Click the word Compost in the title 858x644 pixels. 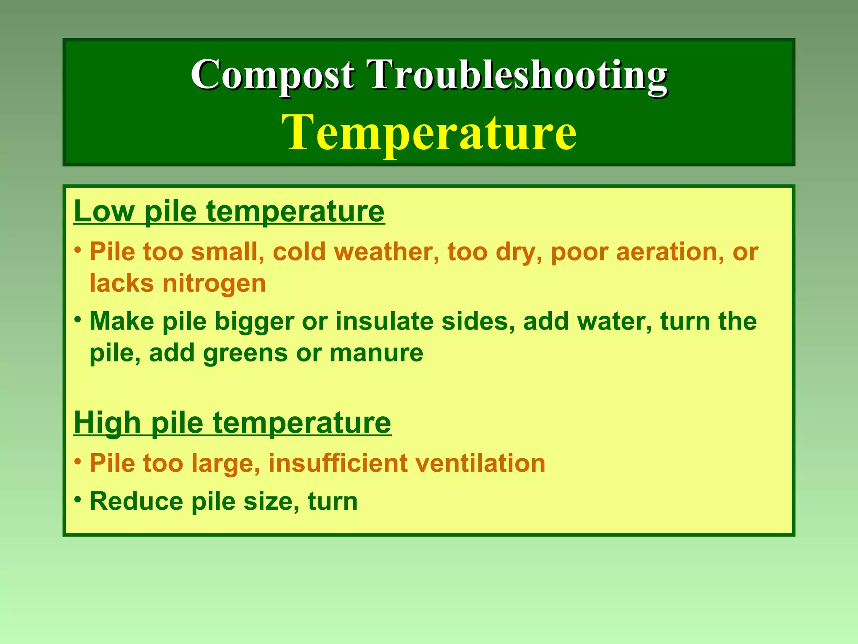[272, 75]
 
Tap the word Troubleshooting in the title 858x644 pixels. [517, 75]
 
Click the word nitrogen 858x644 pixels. [214, 283]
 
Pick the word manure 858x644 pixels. [376, 353]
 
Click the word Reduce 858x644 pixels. [136, 501]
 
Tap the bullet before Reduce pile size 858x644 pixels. [78, 500]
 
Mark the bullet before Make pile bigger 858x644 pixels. [78, 320]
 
